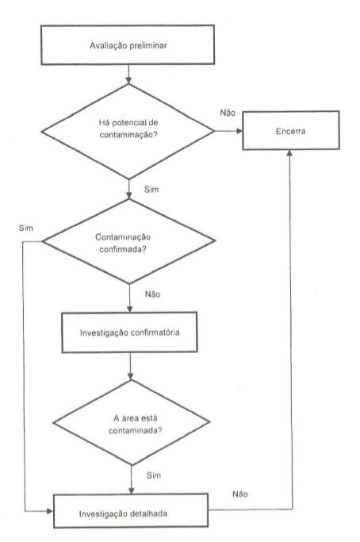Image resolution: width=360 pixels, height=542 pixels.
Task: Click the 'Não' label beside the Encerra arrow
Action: (x=228, y=113)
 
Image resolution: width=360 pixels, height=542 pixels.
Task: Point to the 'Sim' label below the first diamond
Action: (x=151, y=190)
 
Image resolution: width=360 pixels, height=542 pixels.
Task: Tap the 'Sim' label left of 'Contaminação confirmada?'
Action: (x=26, y=228)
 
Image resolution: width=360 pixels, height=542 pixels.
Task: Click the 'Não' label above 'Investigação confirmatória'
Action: (x=153, y=294)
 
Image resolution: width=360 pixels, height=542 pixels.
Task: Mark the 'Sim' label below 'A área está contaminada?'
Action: (x=153, y=475)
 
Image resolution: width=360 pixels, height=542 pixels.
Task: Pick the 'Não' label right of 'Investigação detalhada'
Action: (x=240, y=494)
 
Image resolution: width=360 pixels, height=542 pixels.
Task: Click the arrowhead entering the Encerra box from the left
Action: (x=239, y=131)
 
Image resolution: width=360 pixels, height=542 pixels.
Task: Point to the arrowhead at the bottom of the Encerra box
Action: (x=290, y=153)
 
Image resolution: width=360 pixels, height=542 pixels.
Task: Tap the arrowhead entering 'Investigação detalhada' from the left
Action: (x=50, y=511)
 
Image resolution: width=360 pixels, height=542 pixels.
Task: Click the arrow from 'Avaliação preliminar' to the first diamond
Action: (x=128, y=75)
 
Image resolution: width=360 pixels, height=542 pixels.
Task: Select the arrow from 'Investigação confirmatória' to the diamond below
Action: (x=130, y=366)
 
